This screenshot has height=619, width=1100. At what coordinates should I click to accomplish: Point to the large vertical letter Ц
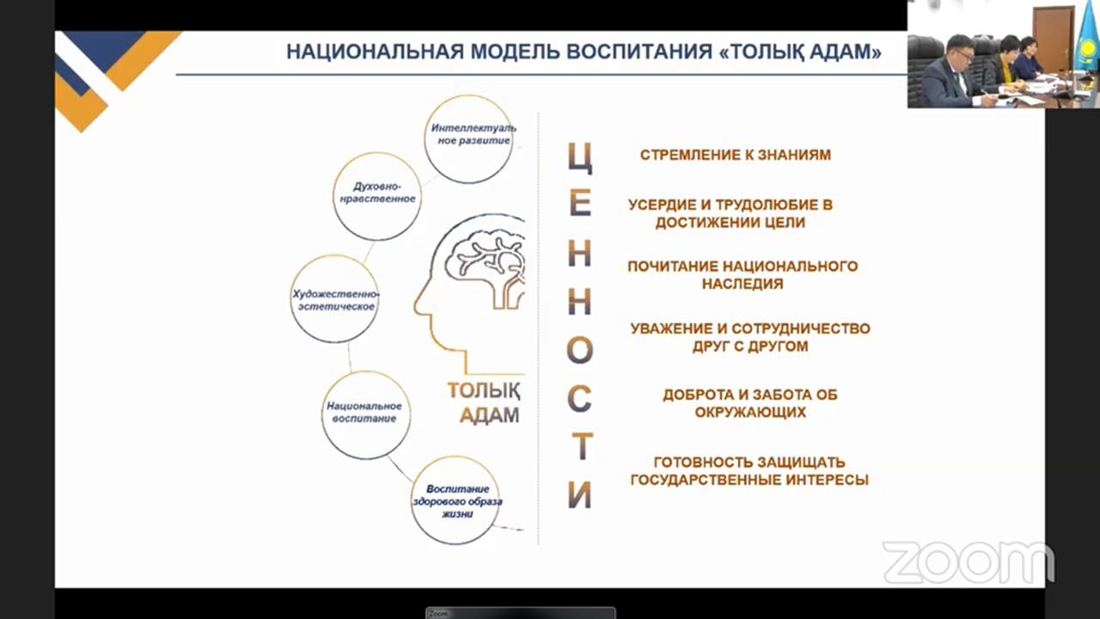point(580,156)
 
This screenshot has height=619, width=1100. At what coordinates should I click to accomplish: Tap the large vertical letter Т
point(583,446)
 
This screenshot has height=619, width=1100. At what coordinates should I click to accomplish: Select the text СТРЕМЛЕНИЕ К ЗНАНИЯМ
point(735,155)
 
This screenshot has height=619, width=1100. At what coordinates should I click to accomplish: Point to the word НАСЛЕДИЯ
point(742,284)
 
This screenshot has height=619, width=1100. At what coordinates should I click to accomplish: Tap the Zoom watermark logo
point(968,562)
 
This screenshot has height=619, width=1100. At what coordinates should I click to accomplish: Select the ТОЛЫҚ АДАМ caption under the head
point(484,403)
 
